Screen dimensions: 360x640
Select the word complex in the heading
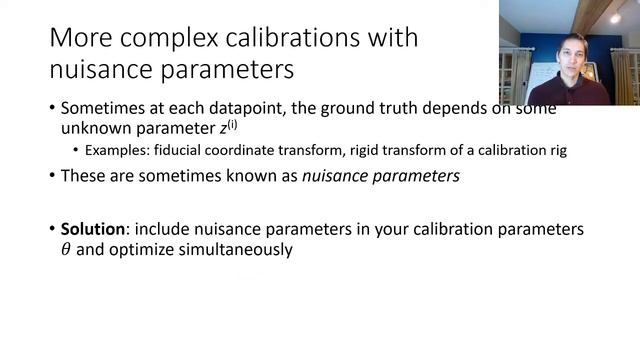pyautogui.click(x=181, y=40)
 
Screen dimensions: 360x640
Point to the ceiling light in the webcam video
pyautogui.click(x=615, y=18)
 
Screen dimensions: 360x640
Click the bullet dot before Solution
pyautogui.click(x=51, y=230)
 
